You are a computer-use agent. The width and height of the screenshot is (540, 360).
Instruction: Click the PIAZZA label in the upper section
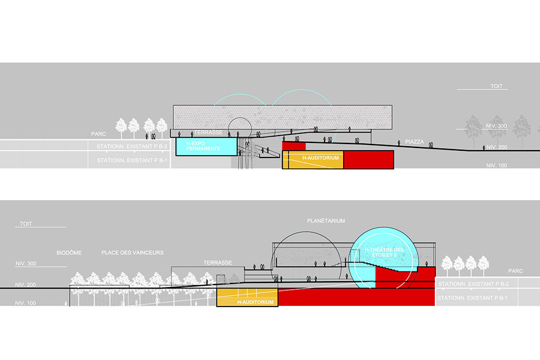[x=415, y=142]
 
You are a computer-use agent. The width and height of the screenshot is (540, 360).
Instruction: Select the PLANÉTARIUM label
[x=326, y=220]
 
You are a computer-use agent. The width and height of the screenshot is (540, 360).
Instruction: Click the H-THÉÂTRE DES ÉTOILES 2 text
[x=384, y=252]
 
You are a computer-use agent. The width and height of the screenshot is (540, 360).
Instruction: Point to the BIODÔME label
[x=69, y=253]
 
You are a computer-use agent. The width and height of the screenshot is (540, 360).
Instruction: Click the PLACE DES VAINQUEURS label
[x=133, y=253]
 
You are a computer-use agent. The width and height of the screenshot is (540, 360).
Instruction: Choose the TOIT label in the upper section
[x=496, y=87]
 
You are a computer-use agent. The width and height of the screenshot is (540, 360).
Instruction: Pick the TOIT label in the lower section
[x=26, y=224]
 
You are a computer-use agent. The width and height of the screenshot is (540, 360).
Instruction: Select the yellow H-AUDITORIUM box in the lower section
[x=247, y=296]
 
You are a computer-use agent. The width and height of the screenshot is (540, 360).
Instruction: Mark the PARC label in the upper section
[x=99, y=134]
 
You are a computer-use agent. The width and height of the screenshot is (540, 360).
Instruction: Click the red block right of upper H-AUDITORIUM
[x=368, y=159]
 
